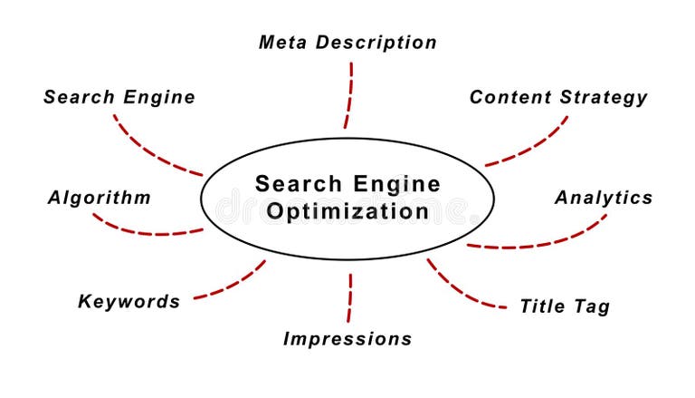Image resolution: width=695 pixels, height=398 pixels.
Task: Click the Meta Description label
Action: [347, 43]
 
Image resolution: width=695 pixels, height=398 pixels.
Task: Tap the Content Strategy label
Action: [558, 98]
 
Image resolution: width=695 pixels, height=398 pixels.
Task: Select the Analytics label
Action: [604, 198]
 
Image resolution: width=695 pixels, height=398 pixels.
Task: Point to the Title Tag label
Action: [565, 306]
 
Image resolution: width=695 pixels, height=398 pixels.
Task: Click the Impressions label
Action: [347, 339]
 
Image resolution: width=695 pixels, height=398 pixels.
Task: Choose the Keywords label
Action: [129, 302]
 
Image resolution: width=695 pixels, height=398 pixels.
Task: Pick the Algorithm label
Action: [100, 198]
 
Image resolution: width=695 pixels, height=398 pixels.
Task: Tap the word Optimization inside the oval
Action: [347, 212]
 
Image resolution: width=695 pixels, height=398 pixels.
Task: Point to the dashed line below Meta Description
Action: [349, 95]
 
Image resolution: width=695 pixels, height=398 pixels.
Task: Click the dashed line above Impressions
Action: [350, 297]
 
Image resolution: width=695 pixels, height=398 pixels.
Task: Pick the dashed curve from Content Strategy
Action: [534, 146]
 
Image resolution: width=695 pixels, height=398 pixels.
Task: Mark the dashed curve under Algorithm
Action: [145, 232]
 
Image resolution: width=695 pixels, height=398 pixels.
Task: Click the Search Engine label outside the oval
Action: [119, 97]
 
